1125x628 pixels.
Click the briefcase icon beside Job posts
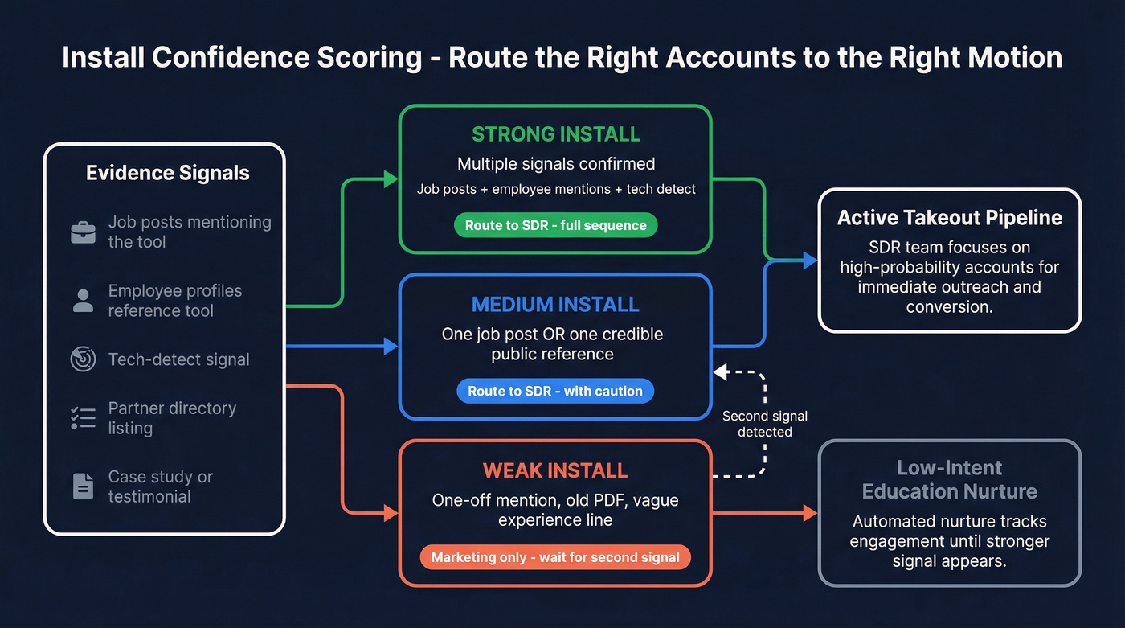tap(84, 233)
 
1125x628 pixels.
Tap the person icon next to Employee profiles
tap(84, 301)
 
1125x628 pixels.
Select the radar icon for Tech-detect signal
tap(84, 359)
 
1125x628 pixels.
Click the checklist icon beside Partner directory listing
tap(84, 417)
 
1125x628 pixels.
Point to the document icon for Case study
tap(84, 486)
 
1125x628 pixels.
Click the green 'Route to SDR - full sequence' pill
tap(555, 225)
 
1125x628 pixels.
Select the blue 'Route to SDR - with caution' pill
tap(555, 391)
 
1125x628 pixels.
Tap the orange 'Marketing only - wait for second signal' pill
tap(555, 557)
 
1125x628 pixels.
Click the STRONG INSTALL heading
tap(555, 134)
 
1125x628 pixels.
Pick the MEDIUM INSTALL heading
tap(555, 305)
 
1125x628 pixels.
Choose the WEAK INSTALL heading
tap(555, 470)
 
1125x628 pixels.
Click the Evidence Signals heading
tap(167, 173)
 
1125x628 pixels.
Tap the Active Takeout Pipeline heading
tap(950, 218)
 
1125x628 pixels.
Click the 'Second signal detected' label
tap(764, 424)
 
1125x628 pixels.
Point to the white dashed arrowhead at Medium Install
tap(720, 372)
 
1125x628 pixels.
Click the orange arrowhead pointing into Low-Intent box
tap(810, 512)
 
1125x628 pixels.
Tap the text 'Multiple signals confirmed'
tap(555, 164)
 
